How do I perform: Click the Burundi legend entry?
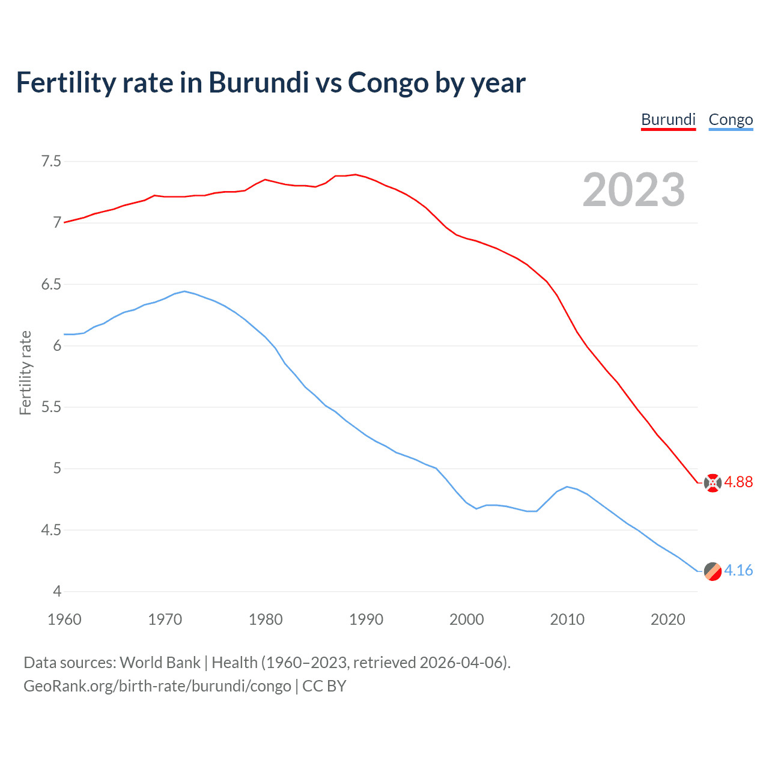click(x=668, y=120)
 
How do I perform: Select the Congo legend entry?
click(x=731, y=120)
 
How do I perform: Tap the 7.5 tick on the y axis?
click(x=51, y=161)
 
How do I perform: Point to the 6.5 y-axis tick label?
click(x=51, y=284)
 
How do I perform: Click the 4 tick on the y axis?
click(x=57, y=592)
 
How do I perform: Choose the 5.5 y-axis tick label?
click(x=51, y=407)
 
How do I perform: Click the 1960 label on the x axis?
click(x=64, y=619)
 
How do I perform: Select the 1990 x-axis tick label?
click(x=366, y=619)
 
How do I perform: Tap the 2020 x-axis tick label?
click(x=667, y=619)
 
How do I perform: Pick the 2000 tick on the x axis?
click(x=466, y=619)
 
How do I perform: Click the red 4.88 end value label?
click(x=738, y=482)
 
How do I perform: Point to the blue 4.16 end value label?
click(x=738, y=571)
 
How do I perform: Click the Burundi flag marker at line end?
click(x=713, y=483)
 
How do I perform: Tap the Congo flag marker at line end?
click(x=713, y=571)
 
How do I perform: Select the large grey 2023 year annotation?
click(x=634, y=190)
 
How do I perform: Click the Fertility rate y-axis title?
click(x=25, y=372)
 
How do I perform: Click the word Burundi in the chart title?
click(x=258, y=82)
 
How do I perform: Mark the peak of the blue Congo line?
click(x=184, y=291)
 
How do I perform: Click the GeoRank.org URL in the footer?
click(x=157, y=686)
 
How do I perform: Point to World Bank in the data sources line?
click(x=160, y=663)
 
